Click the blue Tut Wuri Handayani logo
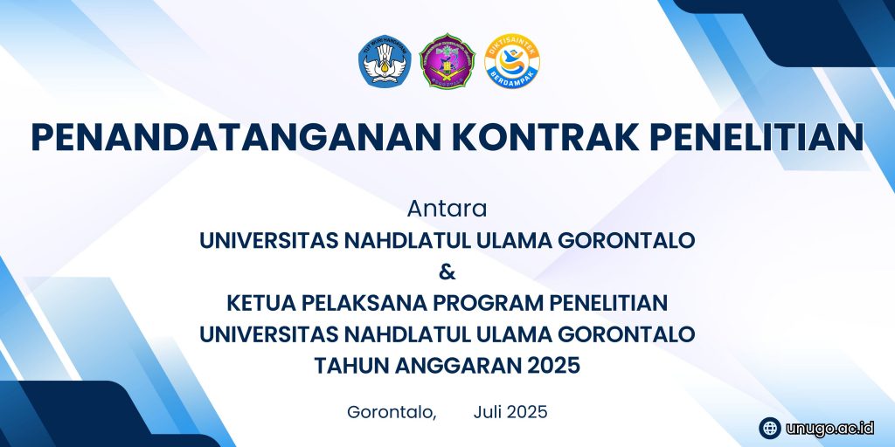pyautogui.click(x=385, y=61)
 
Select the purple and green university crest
pyautogui.click(x=447, y=60)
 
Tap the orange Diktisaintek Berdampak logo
pyautogui.click(x=512, y=60)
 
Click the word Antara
pyautogui.click(x=447, y=210)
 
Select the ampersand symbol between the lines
pyautogui.click(x=447, y=272)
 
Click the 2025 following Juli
pyautogui.click(x=527, y=412)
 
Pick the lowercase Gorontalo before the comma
pyautogui.click(x=389, y=412)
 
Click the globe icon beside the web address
pyautogui.click(x=770, y=428)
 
